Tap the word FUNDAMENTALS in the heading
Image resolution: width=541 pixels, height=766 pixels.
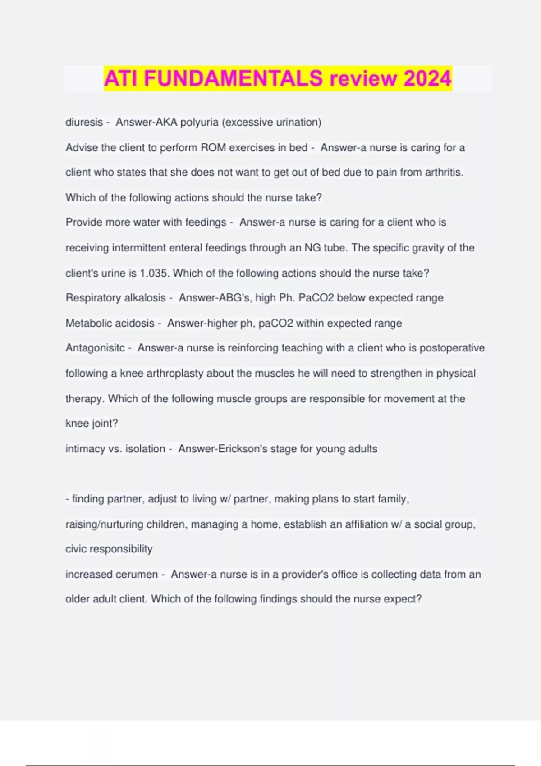coord(233,78)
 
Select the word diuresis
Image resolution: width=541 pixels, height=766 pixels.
coord(84,122)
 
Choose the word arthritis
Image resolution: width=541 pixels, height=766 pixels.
coord(444,172)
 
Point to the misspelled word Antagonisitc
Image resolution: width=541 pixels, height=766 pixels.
coord(95,348)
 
